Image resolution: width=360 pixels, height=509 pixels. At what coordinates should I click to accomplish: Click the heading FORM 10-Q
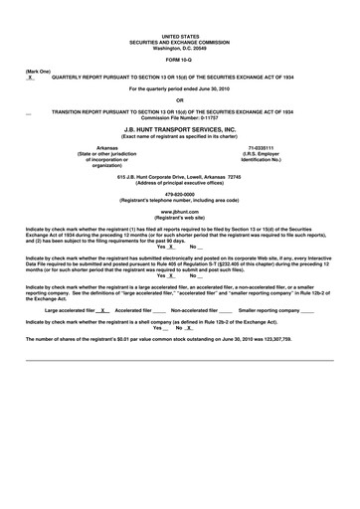179,60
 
